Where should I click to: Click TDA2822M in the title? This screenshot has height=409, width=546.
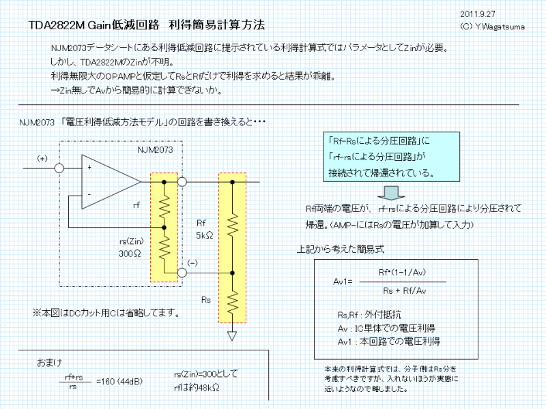[57, 25]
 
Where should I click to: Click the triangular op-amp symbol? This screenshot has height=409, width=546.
[109, 182]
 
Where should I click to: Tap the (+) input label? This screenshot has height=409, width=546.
[42, 158]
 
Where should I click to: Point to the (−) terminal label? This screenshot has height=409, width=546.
[193, 262]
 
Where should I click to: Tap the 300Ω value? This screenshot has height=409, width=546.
[129, 254]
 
